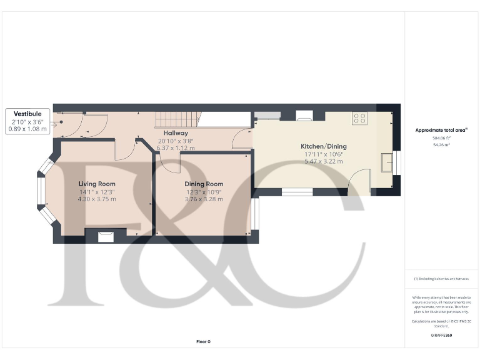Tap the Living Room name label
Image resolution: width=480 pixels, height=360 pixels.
point(97,184)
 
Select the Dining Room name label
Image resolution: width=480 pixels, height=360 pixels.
point(204,184)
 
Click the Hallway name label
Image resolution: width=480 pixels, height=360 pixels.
point(176,133)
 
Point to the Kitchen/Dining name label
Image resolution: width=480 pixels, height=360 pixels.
point(324,146)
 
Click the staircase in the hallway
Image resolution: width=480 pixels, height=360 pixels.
point(176,118)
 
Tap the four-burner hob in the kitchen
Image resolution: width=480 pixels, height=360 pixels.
point(360,117)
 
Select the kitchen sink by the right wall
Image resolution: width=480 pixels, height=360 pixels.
point(387,162)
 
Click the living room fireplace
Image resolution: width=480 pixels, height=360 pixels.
point(106,235)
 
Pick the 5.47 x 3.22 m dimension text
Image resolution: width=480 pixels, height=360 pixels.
point(324,161)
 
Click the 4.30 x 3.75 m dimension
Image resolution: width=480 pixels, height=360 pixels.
point(97,199)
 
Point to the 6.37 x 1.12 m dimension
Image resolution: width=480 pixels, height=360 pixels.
point(176,148)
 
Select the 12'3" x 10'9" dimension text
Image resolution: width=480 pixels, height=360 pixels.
point(204,191)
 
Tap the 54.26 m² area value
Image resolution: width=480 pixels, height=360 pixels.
point(441,144)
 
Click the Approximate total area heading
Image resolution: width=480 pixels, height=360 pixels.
point(441,130)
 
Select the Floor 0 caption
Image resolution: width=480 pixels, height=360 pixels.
point(204,341)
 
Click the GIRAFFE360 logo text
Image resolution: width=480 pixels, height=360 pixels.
point(441,335)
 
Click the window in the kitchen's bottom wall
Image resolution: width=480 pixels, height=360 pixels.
point(297,192)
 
